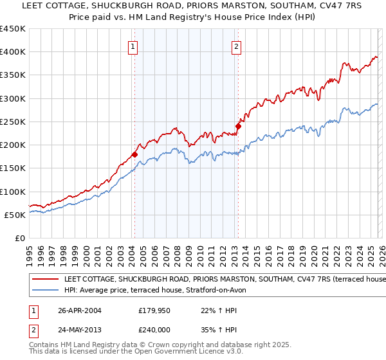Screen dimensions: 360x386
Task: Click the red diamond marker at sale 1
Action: coord(134,154)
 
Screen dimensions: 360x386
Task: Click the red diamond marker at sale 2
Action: coord(237,127)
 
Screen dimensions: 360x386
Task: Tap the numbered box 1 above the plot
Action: coord(133,46)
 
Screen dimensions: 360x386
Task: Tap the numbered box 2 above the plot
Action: coord(236,46)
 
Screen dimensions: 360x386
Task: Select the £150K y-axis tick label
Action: coord(13,168)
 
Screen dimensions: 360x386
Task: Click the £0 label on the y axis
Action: coord(19,239)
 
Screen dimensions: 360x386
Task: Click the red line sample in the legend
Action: coord(45,279)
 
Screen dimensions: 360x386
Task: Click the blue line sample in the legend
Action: coord(45,290)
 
